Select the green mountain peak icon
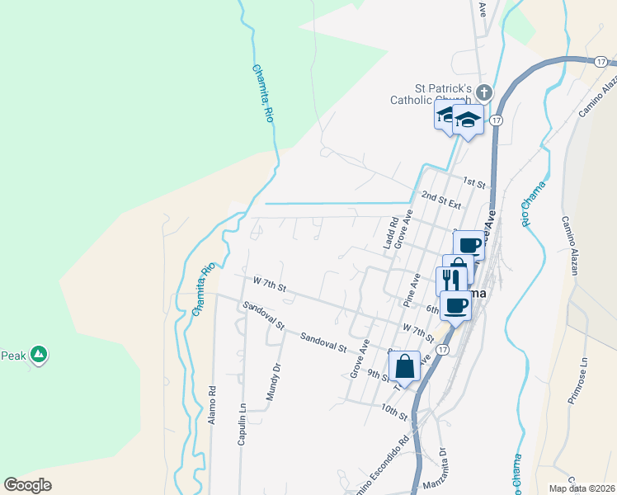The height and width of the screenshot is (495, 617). (x=37, y=355)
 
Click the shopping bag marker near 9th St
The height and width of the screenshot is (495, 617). (x=404, y=365)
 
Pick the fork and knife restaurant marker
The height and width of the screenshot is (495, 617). (x=451, y=280)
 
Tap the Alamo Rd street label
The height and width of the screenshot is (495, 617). (x=212, y=404)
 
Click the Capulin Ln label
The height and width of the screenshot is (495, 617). (x=243, y=424)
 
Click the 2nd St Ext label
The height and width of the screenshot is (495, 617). (x=440, y=199)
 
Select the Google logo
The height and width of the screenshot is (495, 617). (x=28, y=484)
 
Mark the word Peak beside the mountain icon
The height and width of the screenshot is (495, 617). (x=12, y=356)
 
